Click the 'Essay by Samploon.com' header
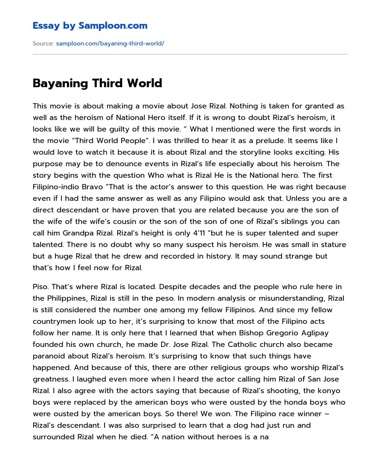[90, 26]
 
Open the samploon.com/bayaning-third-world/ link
[110, 44]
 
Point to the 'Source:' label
[43, 44]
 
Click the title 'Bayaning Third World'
[97, 83]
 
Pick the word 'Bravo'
[92, 187]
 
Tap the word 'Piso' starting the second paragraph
[40, 287]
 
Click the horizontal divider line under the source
[190, 54]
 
